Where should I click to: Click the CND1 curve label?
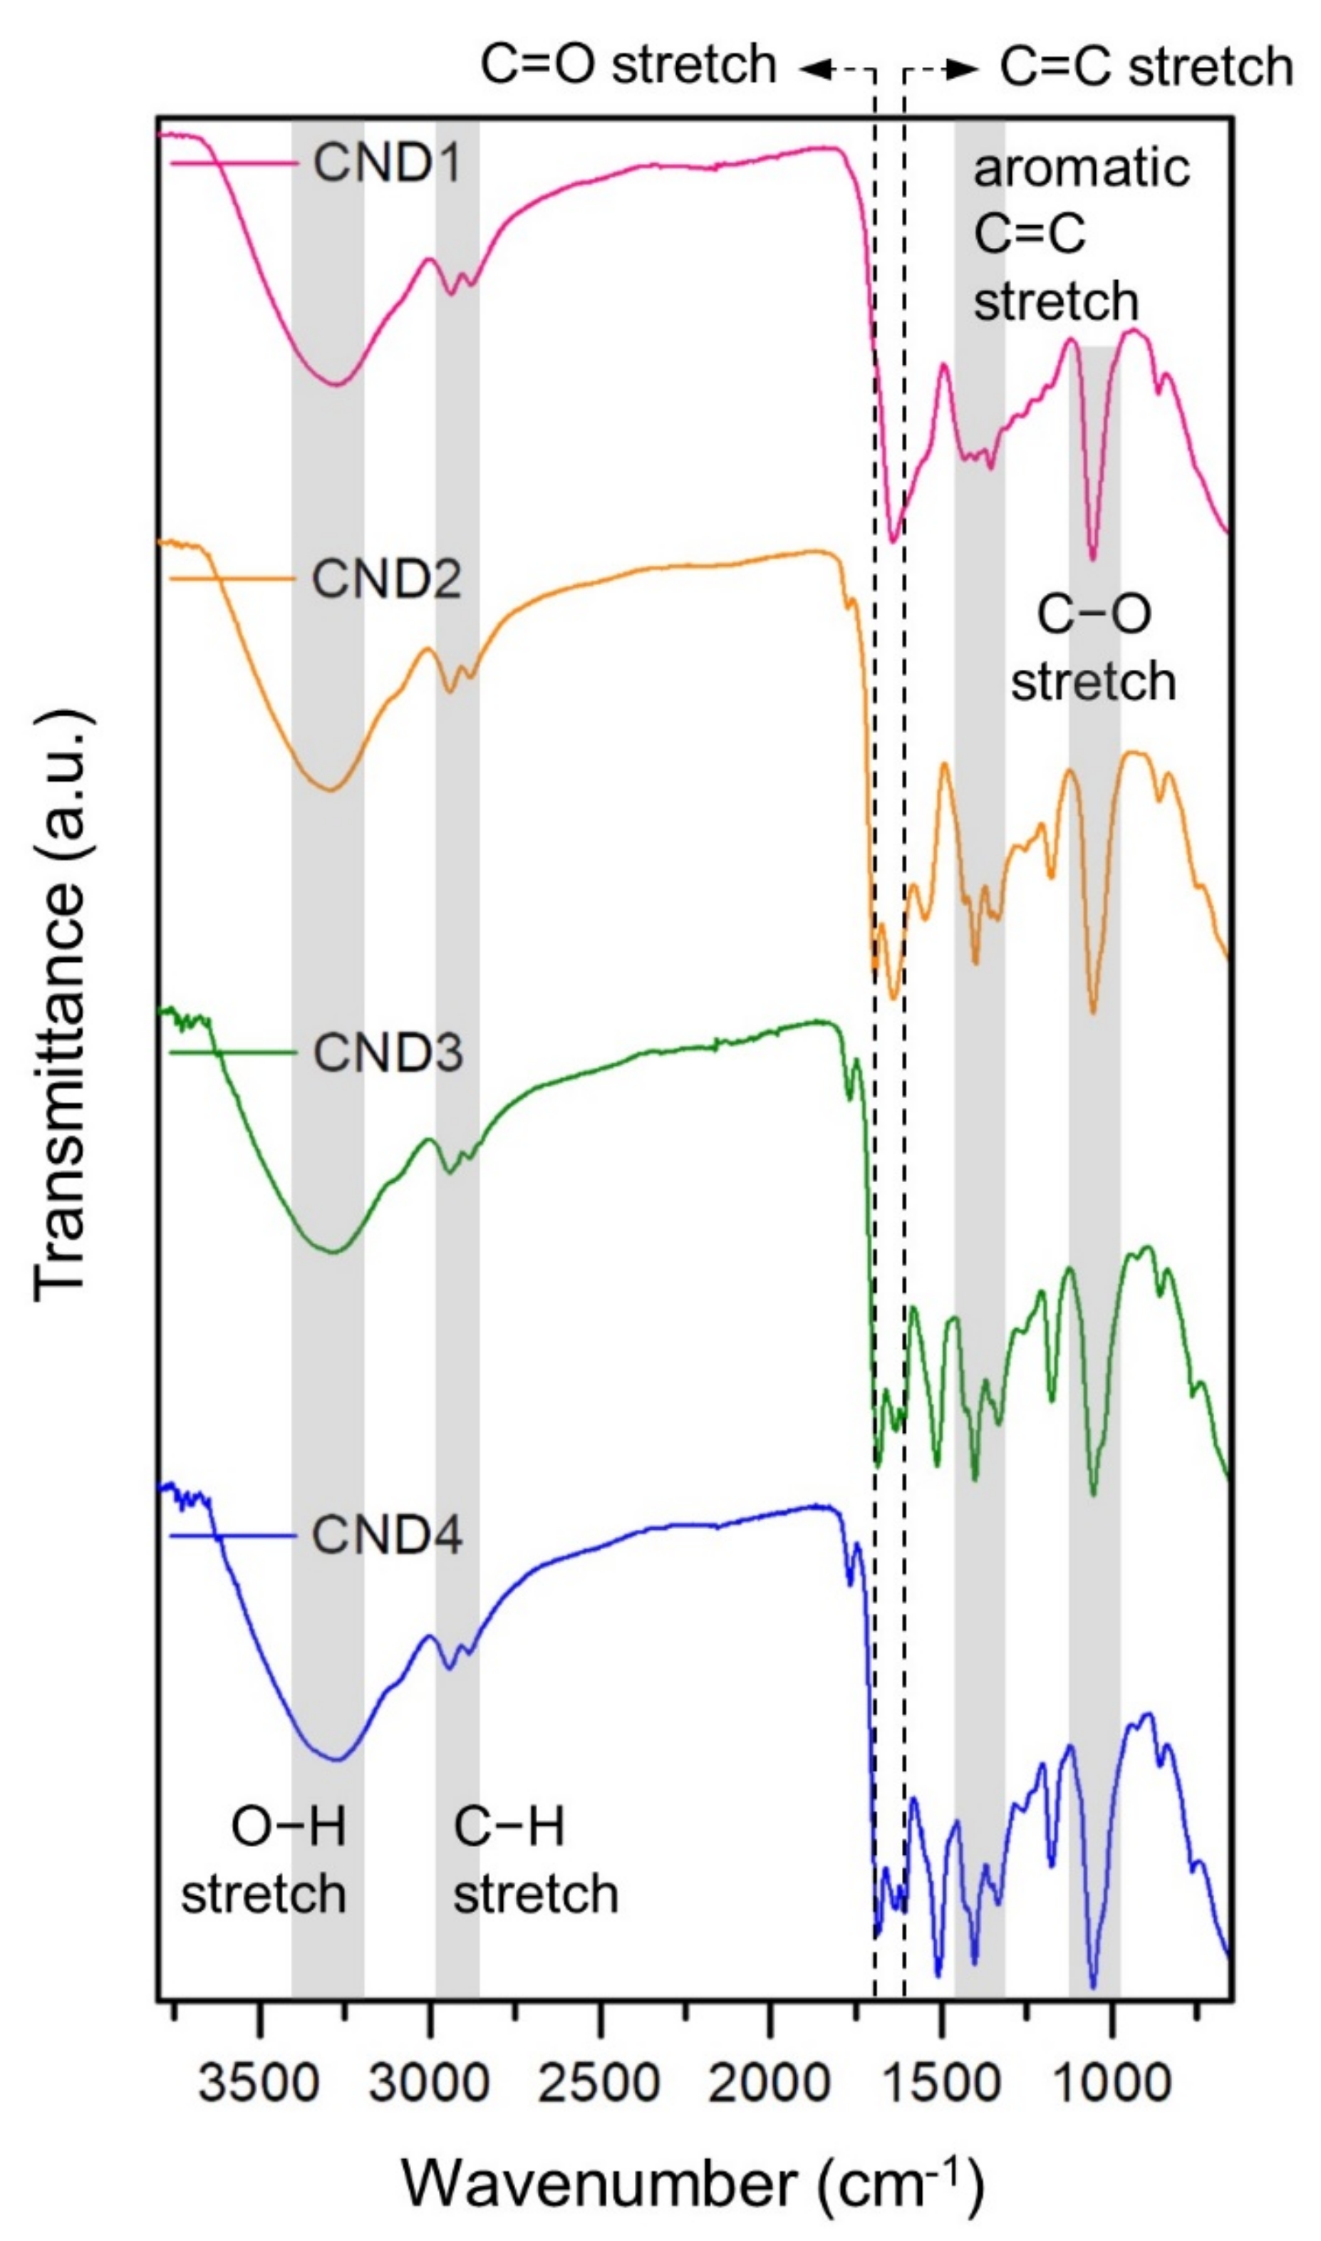387,164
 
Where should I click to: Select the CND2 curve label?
387,579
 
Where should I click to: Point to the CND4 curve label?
387,1536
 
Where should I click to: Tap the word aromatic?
1082,168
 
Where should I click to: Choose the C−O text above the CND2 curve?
1094,614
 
